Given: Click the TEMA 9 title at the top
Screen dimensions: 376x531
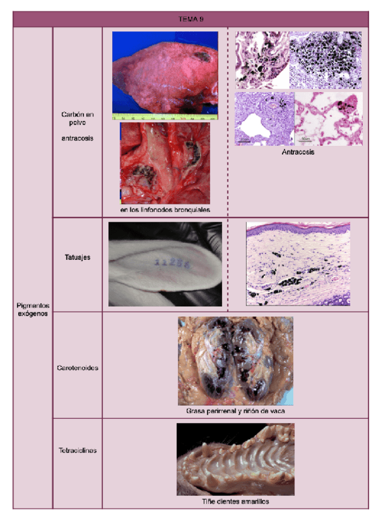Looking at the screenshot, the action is pos(191,19).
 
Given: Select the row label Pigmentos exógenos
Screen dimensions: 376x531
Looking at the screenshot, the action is pos(33,309).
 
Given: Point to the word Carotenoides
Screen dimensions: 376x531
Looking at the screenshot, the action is pos(77,368).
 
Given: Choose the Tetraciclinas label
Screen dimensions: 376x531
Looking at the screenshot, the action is pos(77,450).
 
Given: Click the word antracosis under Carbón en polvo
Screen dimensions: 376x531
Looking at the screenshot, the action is pos(77,138).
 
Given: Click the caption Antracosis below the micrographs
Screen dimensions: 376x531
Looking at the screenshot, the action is pos(298,152).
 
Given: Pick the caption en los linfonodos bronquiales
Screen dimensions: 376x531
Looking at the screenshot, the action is pos(165,209).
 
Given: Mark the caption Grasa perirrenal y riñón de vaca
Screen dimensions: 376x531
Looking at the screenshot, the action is pos(235,411).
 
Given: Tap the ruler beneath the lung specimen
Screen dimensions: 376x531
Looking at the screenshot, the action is pos(165,116).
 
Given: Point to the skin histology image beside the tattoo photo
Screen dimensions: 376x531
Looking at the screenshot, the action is pos(298,264).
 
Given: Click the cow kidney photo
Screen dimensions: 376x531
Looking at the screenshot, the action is pos(235,361).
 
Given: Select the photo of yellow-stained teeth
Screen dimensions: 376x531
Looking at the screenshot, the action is pos(235,460).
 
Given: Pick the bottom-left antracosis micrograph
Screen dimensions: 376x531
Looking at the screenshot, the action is pos(263,118).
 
